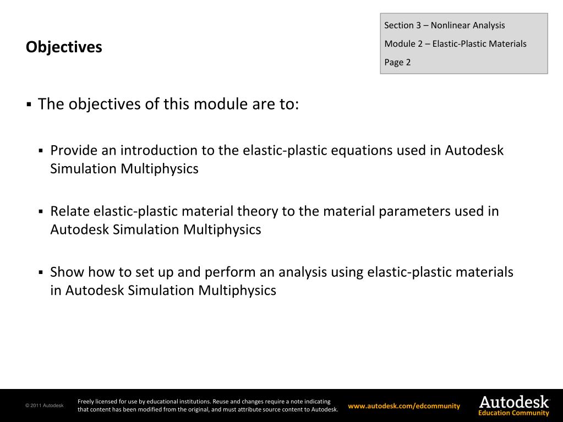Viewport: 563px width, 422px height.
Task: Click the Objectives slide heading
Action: point(64,47)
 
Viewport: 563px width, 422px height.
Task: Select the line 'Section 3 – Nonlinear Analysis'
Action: point(444,25)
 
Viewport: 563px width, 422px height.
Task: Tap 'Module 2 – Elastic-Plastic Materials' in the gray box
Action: point(455,44)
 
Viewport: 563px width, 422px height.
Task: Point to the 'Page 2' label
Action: point(397,62)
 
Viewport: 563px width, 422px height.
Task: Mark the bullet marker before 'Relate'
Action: point(41,212)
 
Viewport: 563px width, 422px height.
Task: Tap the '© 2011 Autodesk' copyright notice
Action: point(44,406)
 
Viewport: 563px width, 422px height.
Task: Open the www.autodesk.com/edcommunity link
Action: point(404,406)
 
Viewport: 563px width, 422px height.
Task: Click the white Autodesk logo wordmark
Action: point(513,402)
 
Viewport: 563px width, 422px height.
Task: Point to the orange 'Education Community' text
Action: point(513,413)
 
